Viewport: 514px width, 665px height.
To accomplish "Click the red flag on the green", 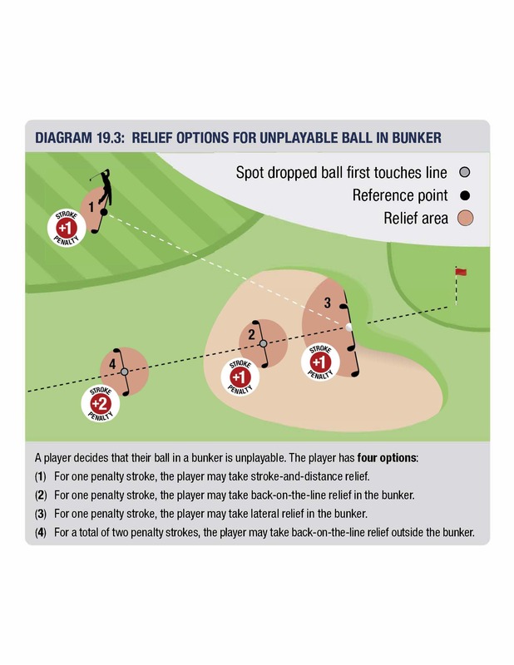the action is [x=461, y=272].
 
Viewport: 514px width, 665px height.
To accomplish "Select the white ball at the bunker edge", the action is [x=348, y=327].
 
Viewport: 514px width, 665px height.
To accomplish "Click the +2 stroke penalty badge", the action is [x=100, y=404].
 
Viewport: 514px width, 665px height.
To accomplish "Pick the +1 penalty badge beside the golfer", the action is [x=67, y=228].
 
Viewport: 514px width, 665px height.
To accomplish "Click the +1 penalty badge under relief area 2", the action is [x=240, y=377].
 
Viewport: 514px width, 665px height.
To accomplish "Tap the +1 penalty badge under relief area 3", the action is [x=320, y=362].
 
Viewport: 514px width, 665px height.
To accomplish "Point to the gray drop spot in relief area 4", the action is [x=125, y=372].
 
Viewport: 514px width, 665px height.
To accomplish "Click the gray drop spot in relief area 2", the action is [x=263, y=343].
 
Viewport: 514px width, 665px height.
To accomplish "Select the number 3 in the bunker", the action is [x=327, y=303].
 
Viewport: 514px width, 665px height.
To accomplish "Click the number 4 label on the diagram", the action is [x=112, y=364].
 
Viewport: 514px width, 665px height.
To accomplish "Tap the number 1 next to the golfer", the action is [x=91, y=207].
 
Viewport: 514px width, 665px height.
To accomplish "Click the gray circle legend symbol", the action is [x=465, y=172].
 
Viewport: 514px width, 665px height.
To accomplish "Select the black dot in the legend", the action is [x=465, y=195].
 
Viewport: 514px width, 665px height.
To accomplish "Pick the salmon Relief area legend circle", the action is [x=465, y=218].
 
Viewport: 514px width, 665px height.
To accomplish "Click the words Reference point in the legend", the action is [x=400, y=195].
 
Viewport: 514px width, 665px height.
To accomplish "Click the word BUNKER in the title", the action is [x=417, y=138].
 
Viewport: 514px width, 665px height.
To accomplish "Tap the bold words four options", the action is [x=387, y=458].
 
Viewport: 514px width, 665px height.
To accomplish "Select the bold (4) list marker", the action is [x=40, y=533].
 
